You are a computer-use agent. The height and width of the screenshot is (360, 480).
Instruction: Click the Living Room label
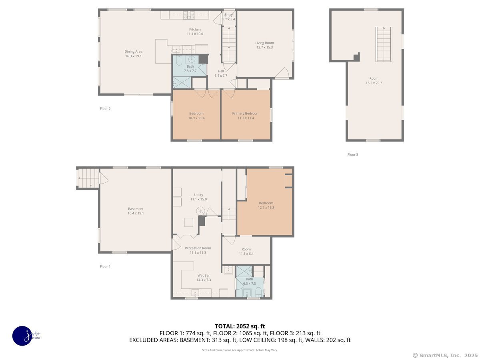coord(264,43)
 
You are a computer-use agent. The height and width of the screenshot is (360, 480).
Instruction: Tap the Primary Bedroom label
coord(246,114)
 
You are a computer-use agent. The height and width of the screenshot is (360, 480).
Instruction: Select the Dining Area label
coord(133,52)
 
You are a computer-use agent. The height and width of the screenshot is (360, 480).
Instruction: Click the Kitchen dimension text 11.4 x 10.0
coord(195,34)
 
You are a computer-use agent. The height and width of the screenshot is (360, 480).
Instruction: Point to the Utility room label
coord(198,195)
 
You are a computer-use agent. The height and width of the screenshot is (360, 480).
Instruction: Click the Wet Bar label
coord(204,276)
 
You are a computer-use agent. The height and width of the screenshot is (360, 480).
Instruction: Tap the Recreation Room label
coord(198,248)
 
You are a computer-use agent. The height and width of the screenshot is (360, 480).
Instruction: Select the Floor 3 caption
coord(353,154)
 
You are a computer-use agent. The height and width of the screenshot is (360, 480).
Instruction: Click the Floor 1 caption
coord(105,266)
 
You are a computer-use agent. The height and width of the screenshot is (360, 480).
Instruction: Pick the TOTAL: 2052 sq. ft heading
coord(240,326)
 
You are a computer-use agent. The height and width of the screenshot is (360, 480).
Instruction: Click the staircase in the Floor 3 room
coord(384,44)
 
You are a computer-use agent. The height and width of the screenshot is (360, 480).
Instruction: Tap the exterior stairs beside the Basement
coord(88,178)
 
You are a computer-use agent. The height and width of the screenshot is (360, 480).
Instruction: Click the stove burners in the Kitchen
coord(189,15)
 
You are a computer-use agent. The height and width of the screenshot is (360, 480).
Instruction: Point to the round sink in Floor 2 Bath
coord(192,59)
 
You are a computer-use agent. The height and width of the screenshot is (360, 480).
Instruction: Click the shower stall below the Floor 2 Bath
coord(182,82)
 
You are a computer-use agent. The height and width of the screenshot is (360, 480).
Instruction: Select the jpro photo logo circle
coord(22,336)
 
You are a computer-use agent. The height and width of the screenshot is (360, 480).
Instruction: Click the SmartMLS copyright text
coord(445,355)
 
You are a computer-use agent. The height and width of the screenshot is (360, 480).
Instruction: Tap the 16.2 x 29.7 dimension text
coord(374,83)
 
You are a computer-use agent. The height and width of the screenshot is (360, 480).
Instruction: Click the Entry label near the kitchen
coord(228,15)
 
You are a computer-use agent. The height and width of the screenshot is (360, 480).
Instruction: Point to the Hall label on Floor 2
coord(221,71)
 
